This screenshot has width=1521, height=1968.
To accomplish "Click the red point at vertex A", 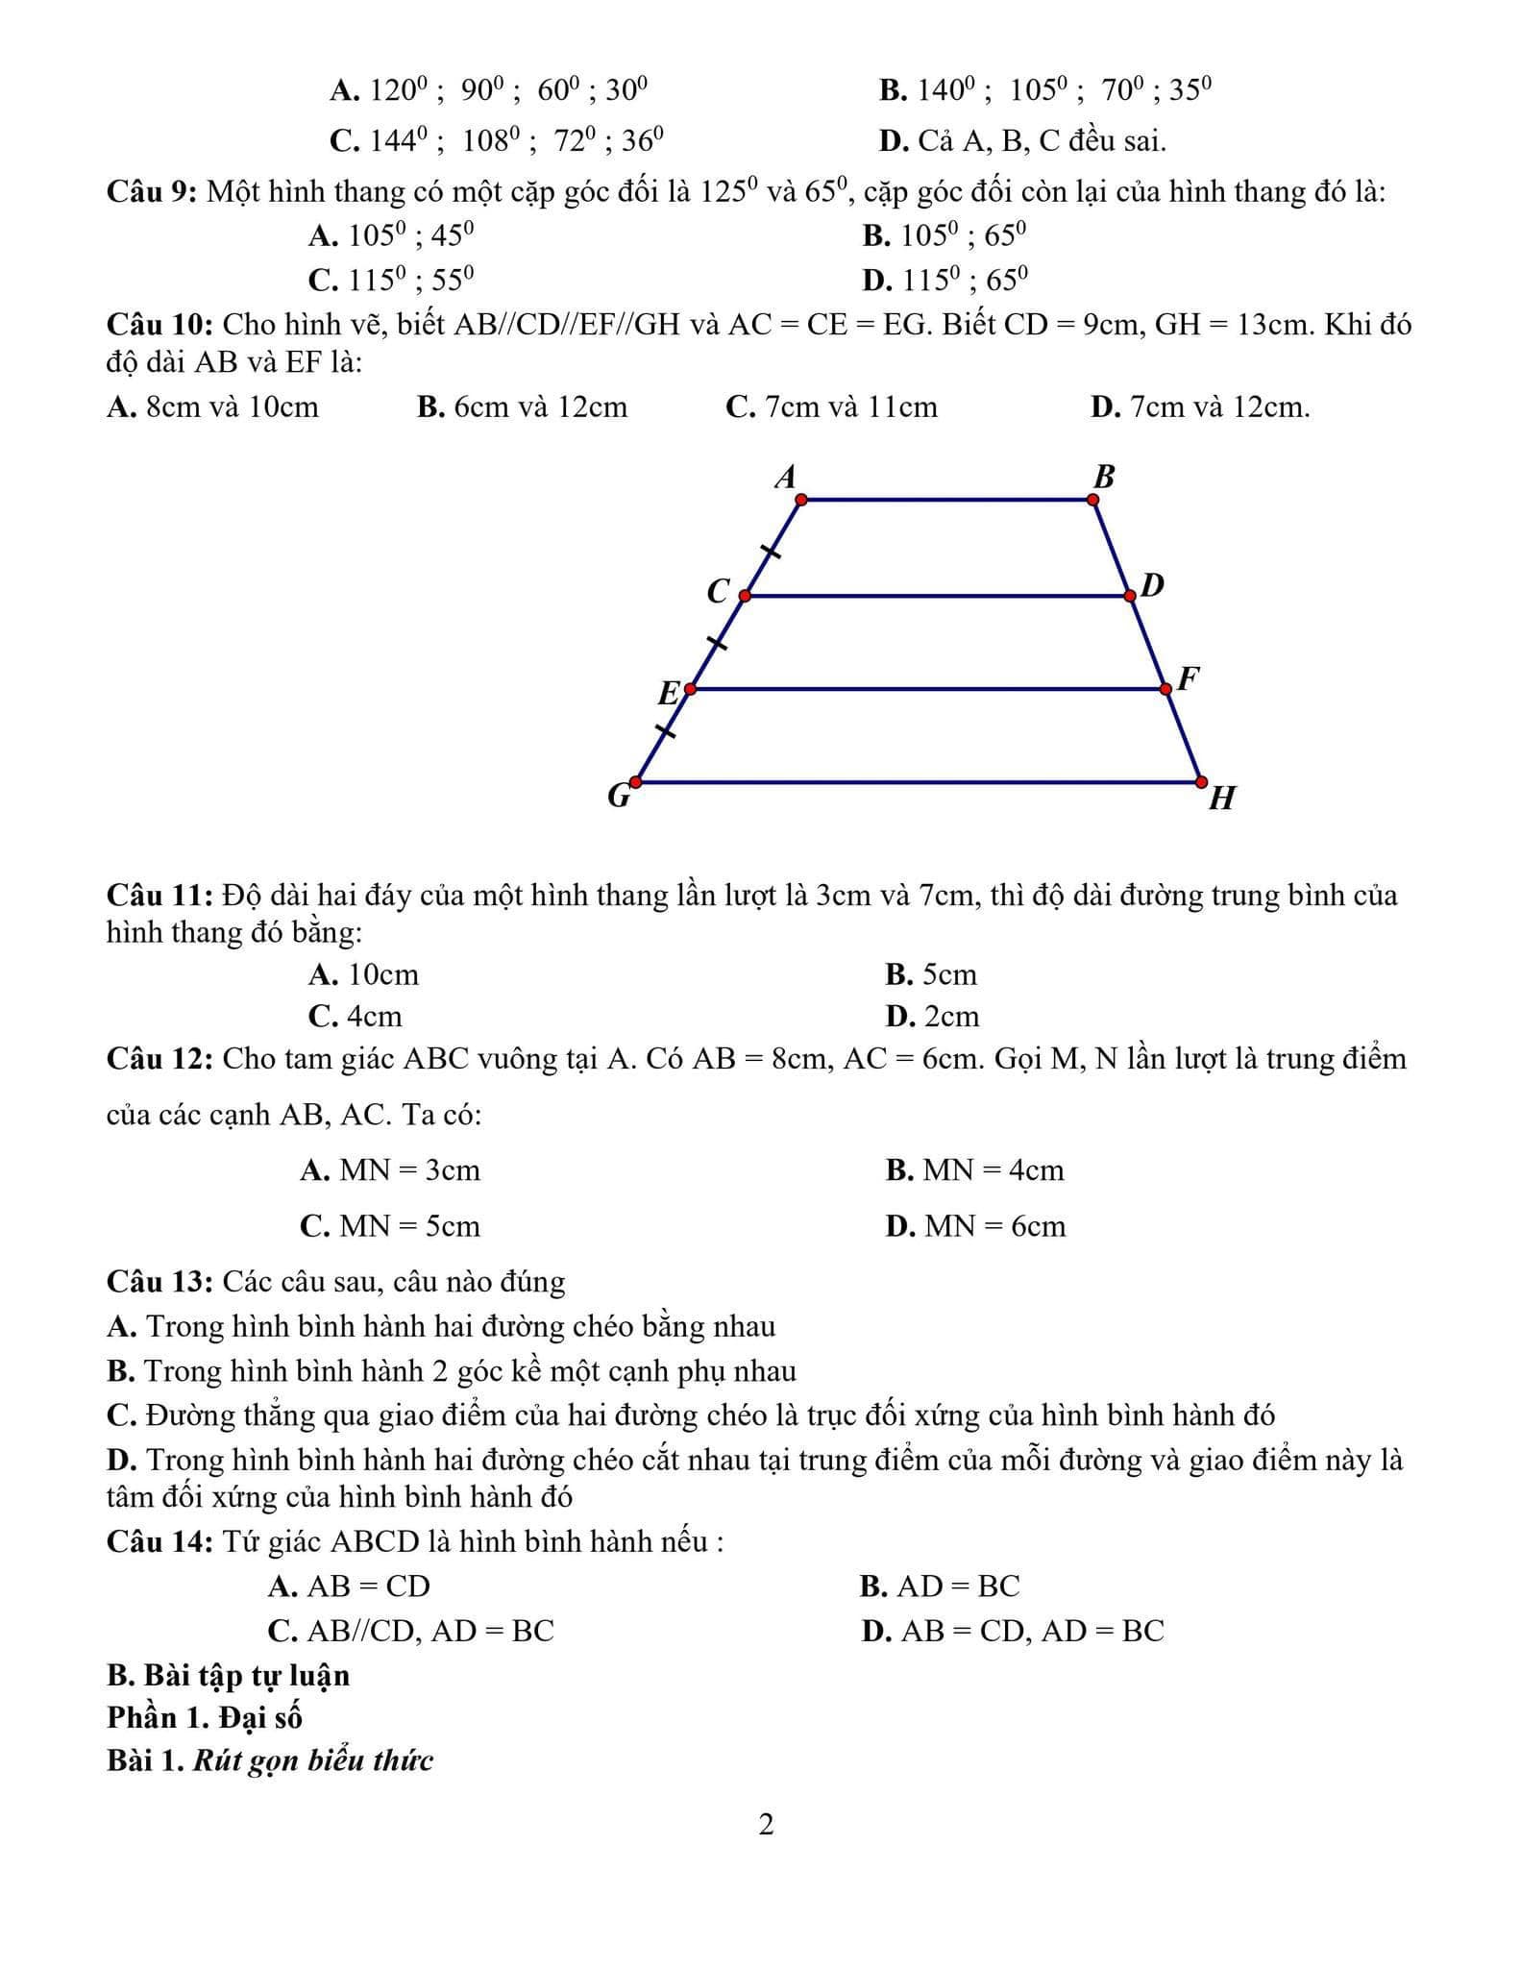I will (801, 500).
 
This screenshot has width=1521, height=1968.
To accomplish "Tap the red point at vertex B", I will (1093, 500).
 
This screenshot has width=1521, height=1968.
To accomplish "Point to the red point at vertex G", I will (636, 782).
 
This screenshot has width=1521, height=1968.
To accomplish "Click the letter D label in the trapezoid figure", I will (1152, 584).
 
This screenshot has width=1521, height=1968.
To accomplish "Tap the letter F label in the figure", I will (1189, 678).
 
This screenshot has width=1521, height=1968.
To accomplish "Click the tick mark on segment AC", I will (771, 552).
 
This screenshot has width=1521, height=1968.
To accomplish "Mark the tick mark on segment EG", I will (665, 731).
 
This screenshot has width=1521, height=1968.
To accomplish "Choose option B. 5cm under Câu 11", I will (930, 975).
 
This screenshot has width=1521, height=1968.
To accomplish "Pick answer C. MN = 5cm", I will (390, 1226).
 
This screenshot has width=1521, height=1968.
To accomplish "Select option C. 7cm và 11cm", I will (831, 407).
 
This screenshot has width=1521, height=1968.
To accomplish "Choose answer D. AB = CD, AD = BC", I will (1013, 1631).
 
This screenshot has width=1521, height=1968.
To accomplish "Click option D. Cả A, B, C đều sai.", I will (1022, 141).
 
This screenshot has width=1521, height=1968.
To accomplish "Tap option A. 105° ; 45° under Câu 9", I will (391, 235).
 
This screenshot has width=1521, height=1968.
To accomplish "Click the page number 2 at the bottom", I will (766, 1824).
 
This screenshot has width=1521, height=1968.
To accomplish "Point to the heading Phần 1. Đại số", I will (205, 1717).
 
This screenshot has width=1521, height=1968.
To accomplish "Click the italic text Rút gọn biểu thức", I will (313, 1760).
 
